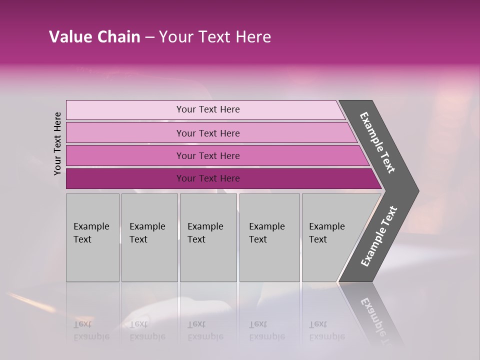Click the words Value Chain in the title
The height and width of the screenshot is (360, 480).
[94, 37]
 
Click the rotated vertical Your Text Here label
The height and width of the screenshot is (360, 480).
[57, 144]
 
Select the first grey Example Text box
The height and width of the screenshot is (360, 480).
[92, 237]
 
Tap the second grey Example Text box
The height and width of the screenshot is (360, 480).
[149, 237]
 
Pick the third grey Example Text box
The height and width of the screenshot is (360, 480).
[208, 237]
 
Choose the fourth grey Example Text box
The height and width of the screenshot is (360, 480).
[269, 237]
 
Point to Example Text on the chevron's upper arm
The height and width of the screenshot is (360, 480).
[377, 142]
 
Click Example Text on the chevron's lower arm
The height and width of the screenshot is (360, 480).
[378, 236]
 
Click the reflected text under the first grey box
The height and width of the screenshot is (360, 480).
[91, 330]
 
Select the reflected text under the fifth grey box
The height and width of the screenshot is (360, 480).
[326, 330]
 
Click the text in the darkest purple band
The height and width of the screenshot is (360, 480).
[208, 178]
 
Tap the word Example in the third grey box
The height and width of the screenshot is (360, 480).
[205, 226]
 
